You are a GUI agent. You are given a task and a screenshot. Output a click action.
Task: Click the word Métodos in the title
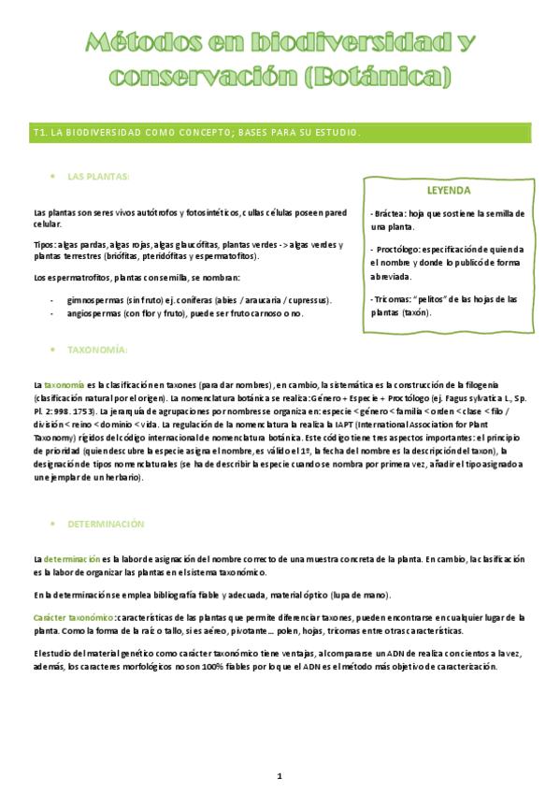pos(140,43)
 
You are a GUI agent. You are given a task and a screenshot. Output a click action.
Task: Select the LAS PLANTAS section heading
pos(98,176)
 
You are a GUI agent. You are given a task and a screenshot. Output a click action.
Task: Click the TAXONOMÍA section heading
pos(97,349)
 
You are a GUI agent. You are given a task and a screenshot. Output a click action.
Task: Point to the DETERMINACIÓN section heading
pos(107,524)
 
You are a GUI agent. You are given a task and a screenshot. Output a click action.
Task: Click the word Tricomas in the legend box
pos(394,299)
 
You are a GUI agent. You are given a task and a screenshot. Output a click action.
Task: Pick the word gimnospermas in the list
pos(99,299)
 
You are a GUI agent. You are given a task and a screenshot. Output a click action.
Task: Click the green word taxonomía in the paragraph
pos(64,384)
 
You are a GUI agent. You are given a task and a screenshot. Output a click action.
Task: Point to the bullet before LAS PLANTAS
pos(54,176)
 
